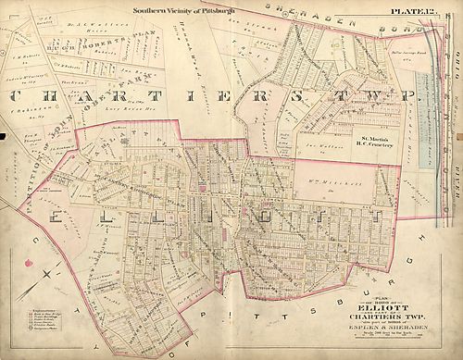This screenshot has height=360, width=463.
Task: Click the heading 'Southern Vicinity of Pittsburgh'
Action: click(x=184, y=10)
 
